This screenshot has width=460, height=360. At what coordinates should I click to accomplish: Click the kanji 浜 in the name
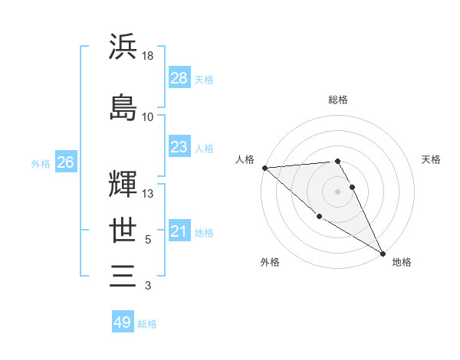(123, 47)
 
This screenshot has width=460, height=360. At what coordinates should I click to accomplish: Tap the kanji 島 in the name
(123, 106)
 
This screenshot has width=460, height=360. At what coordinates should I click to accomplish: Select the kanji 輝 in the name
(123, 184)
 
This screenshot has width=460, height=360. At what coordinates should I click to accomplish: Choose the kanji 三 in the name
(123, 276)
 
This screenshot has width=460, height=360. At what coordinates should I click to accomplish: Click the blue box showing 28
(179, 78)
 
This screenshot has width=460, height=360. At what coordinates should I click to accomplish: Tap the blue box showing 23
(179, 147)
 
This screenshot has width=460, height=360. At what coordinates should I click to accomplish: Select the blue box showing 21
(179, 231)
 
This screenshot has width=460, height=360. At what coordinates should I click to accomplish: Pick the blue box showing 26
(65, 162)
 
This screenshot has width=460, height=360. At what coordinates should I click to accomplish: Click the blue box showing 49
(123, 322)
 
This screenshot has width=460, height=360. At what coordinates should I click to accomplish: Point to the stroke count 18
(148, 55)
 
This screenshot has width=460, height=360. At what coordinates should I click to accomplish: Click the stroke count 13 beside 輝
(148, 194)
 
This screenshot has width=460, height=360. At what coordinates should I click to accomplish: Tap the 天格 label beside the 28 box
(204, 79)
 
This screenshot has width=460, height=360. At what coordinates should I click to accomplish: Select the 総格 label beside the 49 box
(147, 323)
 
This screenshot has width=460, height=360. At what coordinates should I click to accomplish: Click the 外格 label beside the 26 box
(41, 163)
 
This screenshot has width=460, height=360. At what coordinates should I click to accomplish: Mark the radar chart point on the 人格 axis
(264, 168)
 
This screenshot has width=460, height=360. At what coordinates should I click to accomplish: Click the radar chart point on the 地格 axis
(383, 253)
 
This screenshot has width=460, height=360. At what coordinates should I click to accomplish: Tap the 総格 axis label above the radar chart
(338, 100)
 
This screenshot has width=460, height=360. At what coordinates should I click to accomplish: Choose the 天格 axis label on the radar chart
(431, 159)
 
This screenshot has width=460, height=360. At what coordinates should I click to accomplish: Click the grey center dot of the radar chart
(338, 191)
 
